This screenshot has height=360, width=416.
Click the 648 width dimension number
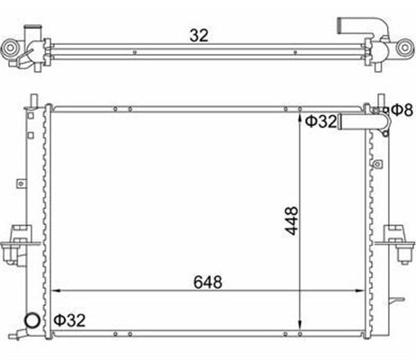point(208,282)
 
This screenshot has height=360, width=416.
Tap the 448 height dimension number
point(292,220)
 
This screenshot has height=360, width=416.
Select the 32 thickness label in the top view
point(199,35)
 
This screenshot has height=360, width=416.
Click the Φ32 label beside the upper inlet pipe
point(321,121)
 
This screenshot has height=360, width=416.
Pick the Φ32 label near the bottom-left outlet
point(69,320)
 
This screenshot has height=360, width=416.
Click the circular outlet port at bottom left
point(32,320)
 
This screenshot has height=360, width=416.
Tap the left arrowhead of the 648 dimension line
point(56,291)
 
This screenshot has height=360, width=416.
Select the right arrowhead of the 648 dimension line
point(359,291)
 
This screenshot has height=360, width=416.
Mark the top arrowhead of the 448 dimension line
point(300,118)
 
